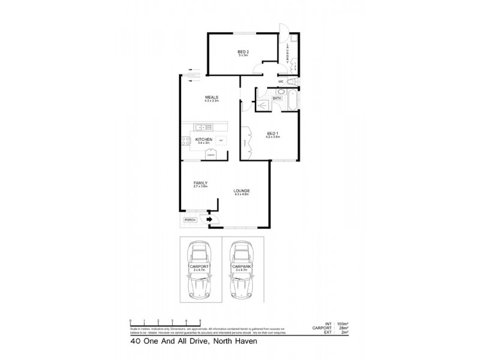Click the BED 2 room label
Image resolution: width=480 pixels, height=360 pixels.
coord(243,52)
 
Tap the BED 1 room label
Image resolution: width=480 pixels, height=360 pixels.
coord(273,133)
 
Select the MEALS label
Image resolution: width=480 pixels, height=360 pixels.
coord(211,97)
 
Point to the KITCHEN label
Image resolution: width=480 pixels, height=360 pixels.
coord(204,139)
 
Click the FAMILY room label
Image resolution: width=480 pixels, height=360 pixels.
coord(200,182)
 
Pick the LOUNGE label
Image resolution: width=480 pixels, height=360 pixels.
coord(242,191)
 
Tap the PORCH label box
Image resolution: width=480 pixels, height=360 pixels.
coord(190,220)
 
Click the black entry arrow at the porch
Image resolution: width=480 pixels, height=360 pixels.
coord(209,220)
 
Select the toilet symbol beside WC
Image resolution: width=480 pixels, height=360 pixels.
coord(292,82)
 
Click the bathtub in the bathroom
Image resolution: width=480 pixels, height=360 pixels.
coord(292,100)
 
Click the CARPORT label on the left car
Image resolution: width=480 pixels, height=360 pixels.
coord(198,266)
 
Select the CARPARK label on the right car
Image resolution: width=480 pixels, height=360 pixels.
coord(241,266)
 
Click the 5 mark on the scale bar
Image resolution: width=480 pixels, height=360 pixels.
coord(200,322)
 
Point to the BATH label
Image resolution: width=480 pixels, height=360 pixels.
coord(277,98)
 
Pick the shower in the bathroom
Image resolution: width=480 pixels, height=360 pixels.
coord(262,103)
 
